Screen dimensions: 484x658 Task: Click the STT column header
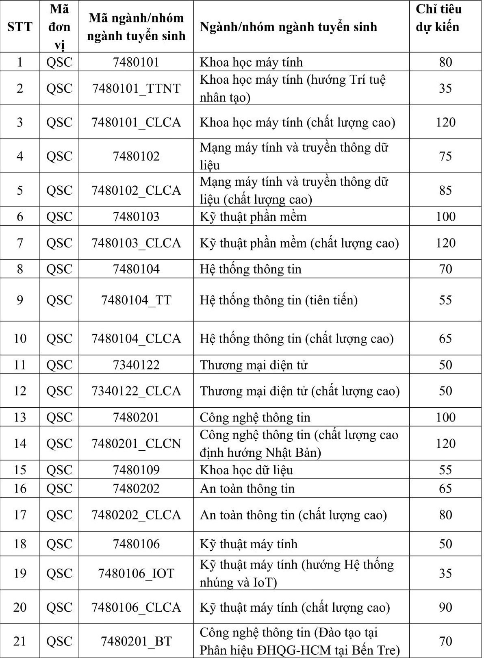[20, 27]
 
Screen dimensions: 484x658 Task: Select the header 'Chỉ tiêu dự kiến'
[438, 18]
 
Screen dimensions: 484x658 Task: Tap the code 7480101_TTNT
[136, 88]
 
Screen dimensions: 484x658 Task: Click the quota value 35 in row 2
[445, 88]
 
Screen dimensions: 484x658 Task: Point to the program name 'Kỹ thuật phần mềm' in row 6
[253, 217]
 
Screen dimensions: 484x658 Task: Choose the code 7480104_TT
[136, 300]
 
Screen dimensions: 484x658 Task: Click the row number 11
[20, 365]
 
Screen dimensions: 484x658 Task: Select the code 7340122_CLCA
[136, 391]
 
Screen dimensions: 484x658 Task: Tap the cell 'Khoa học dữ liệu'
[246, 470]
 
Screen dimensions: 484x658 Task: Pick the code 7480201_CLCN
[136, 443]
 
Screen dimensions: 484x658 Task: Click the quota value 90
[445, 607]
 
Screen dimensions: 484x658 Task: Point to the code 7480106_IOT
[136, 573]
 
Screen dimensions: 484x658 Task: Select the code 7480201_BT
[136, 641]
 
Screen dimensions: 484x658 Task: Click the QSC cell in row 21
[59, 641]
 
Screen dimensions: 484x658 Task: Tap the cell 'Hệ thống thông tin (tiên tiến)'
[279, 300]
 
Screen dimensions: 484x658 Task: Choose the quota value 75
[445, 156]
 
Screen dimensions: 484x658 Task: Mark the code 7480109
[136, 470]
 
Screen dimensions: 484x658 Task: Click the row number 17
[20, 515]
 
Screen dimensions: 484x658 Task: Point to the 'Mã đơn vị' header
[59, 27]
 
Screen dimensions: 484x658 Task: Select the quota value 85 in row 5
[445, 190]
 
